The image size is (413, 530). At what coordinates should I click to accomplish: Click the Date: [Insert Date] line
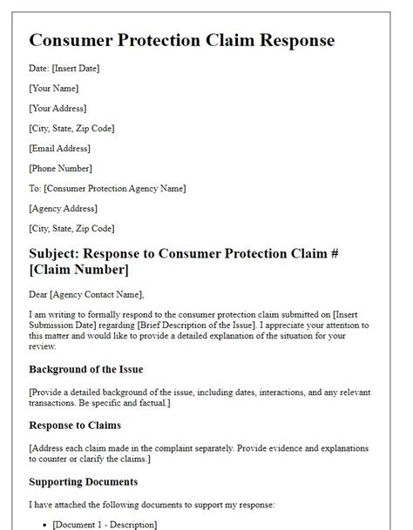63,68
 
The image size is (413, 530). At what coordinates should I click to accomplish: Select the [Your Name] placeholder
54,88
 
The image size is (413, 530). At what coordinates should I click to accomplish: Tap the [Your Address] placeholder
58,108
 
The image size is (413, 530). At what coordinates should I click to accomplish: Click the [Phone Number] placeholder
61,168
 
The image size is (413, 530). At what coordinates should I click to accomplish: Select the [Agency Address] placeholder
63,208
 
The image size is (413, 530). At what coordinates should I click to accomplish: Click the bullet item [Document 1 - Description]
105,524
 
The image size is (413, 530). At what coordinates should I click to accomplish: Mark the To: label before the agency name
35,188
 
